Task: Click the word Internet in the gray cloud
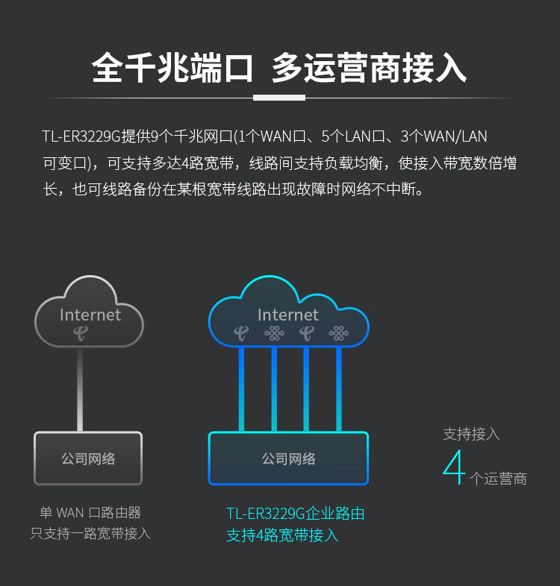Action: (90, 315)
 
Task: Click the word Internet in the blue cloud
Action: (288, 315)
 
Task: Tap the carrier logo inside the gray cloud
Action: (81, 333)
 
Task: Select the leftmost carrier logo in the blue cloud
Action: (241, 333)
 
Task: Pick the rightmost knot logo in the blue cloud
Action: (338, 333)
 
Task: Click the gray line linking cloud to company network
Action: (80, 389)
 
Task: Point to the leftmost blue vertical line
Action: (241, 389)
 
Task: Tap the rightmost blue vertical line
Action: (339, 389)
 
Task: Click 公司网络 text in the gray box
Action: (88, 459)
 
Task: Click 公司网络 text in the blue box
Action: (289, 459)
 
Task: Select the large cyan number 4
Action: (454, 467)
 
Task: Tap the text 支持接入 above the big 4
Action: (471, 434)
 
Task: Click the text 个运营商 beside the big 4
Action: (498, 479)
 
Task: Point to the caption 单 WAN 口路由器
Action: (90, 512)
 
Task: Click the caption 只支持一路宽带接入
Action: (90, 533)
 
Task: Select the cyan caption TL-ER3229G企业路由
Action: (296, 514)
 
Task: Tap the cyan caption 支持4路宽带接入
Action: (283, 535)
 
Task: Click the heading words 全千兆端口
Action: (172, 68)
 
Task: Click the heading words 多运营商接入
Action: (369, 68)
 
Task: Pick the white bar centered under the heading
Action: (279, 98)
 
